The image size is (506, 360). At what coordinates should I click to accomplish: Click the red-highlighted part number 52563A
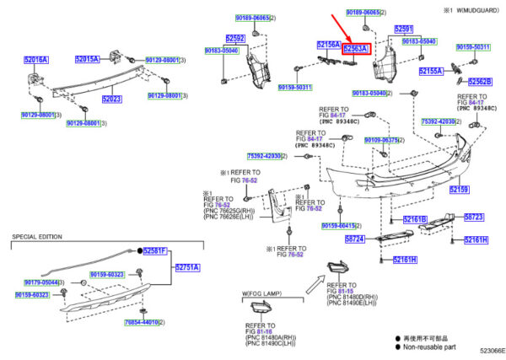click(355, 50)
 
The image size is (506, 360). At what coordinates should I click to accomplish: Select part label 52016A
click(36, 61)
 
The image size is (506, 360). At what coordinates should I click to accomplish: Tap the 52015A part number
click(86, 59)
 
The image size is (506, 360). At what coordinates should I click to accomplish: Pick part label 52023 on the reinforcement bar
click(113, 99)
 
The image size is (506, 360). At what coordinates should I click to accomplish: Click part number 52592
click(235, 39)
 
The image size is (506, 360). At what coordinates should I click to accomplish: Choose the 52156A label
click(328, 44)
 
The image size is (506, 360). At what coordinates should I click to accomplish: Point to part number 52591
click(405, 29)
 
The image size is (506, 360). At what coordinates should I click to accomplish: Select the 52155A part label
click(431, 72)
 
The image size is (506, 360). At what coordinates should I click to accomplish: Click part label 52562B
click(479, 82)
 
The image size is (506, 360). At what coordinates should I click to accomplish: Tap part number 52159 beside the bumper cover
click(459, 190)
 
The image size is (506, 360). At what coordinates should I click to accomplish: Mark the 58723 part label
click(474, 217)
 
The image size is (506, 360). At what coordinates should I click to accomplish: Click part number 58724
click(354, 239)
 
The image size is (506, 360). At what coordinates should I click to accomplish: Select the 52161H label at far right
click(474, 239)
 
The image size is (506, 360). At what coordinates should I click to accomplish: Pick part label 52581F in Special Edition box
click(156, 251)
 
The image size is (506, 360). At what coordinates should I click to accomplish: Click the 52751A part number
click(187, 267)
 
